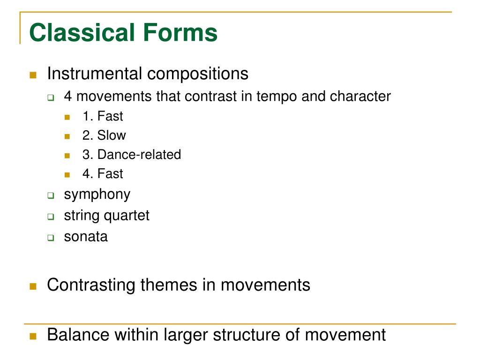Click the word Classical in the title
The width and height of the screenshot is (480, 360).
tap(77, 33)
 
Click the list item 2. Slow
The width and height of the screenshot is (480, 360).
tap(104, 135)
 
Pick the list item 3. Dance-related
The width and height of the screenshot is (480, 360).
tap(131, 155)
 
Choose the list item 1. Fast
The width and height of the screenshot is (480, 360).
tap(103, 116)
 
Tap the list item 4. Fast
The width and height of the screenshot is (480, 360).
tap(103, 174)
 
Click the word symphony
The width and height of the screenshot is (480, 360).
tap(97, 195)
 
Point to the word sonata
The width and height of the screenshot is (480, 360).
tap(86, 236)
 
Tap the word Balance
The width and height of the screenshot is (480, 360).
tap(78, 335)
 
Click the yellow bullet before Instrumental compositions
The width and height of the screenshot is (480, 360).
tap(33, 75)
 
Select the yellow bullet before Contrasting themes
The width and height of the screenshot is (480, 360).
tap(33, 286)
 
